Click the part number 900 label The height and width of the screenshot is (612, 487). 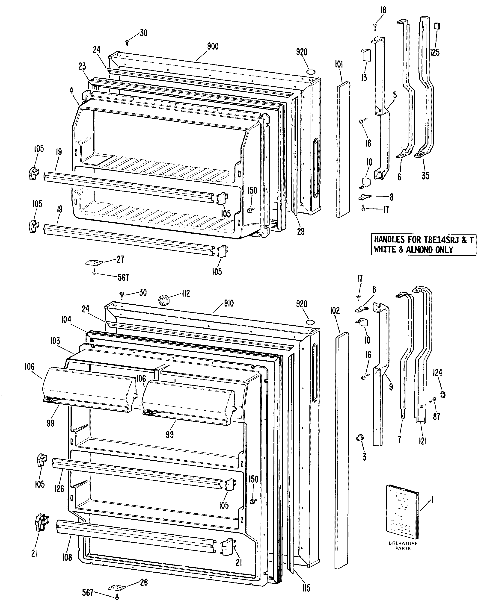point(213,46)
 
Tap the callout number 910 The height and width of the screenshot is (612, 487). point(229,303)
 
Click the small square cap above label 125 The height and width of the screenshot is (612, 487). point(437,26)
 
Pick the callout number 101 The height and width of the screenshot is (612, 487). point(339,65)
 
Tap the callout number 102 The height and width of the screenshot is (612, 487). point(335,311)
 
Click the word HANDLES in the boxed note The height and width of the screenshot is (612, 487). point(389,240)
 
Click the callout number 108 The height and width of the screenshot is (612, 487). point(67,557)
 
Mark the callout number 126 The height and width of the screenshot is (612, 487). point(59,488)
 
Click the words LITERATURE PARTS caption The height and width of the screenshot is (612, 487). point(403,546)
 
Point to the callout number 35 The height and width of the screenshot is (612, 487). point(425,176)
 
